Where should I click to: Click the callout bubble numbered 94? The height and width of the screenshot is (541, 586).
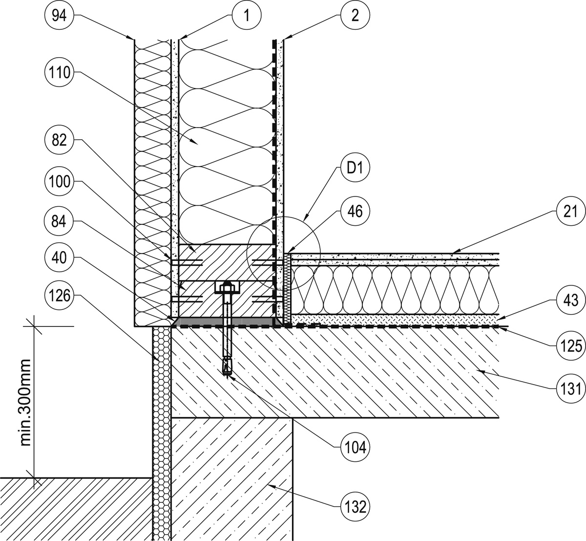59,15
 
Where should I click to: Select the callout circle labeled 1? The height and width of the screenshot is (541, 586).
247,15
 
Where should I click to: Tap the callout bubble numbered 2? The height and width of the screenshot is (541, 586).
355,15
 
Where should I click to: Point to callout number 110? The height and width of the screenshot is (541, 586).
59,72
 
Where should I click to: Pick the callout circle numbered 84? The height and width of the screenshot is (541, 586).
59,222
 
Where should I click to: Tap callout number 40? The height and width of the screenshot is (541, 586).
59,258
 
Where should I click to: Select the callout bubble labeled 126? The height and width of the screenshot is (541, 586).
59,295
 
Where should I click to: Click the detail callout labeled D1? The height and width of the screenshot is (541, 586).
355,168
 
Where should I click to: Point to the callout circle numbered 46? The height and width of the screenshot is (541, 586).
355,211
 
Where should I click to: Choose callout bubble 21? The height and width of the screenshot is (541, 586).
570,212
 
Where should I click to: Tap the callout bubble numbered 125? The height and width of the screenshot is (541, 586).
570,346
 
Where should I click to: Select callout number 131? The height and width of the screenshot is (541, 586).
570,389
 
